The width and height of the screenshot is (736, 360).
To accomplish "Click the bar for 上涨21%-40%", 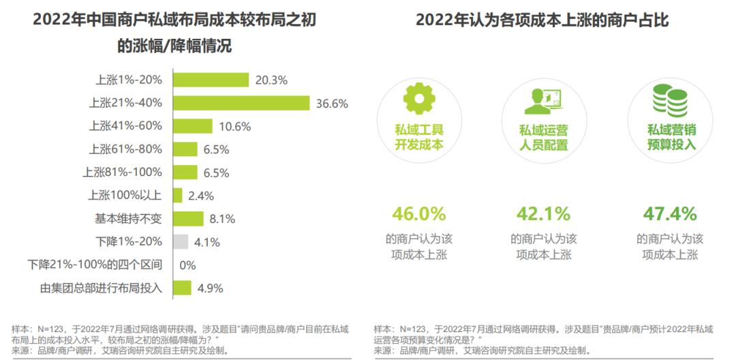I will click(242, 103).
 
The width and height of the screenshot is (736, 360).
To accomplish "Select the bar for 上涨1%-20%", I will click(211, 80).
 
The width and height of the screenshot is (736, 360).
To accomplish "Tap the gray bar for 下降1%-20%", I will click(181, 241).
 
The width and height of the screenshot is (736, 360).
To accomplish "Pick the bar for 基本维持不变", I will click(188, 218).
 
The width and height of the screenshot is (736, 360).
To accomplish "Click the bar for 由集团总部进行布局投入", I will click(182, 288).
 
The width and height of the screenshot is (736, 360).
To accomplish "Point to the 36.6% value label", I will click(333, 104).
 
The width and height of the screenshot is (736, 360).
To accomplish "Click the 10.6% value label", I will click(235, 126).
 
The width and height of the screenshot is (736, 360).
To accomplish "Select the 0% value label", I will click(187, 265).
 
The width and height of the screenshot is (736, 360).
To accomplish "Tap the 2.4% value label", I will click(201, 196).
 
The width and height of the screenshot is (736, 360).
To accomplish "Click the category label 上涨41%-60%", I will click(125, 126).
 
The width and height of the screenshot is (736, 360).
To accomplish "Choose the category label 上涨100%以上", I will click(125, 196).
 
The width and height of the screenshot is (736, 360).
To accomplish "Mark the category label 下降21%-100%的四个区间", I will click(95, 265).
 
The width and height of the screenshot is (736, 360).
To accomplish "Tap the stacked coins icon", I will click(671, 100).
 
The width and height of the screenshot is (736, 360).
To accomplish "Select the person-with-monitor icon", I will click(543, 102).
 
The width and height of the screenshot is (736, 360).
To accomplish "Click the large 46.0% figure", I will click(418, 214).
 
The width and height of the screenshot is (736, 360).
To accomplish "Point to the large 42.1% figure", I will click(543, 214).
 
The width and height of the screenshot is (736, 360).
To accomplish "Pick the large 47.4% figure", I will click(670, 214).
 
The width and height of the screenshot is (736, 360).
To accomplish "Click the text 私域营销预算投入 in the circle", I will click(671, 136).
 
